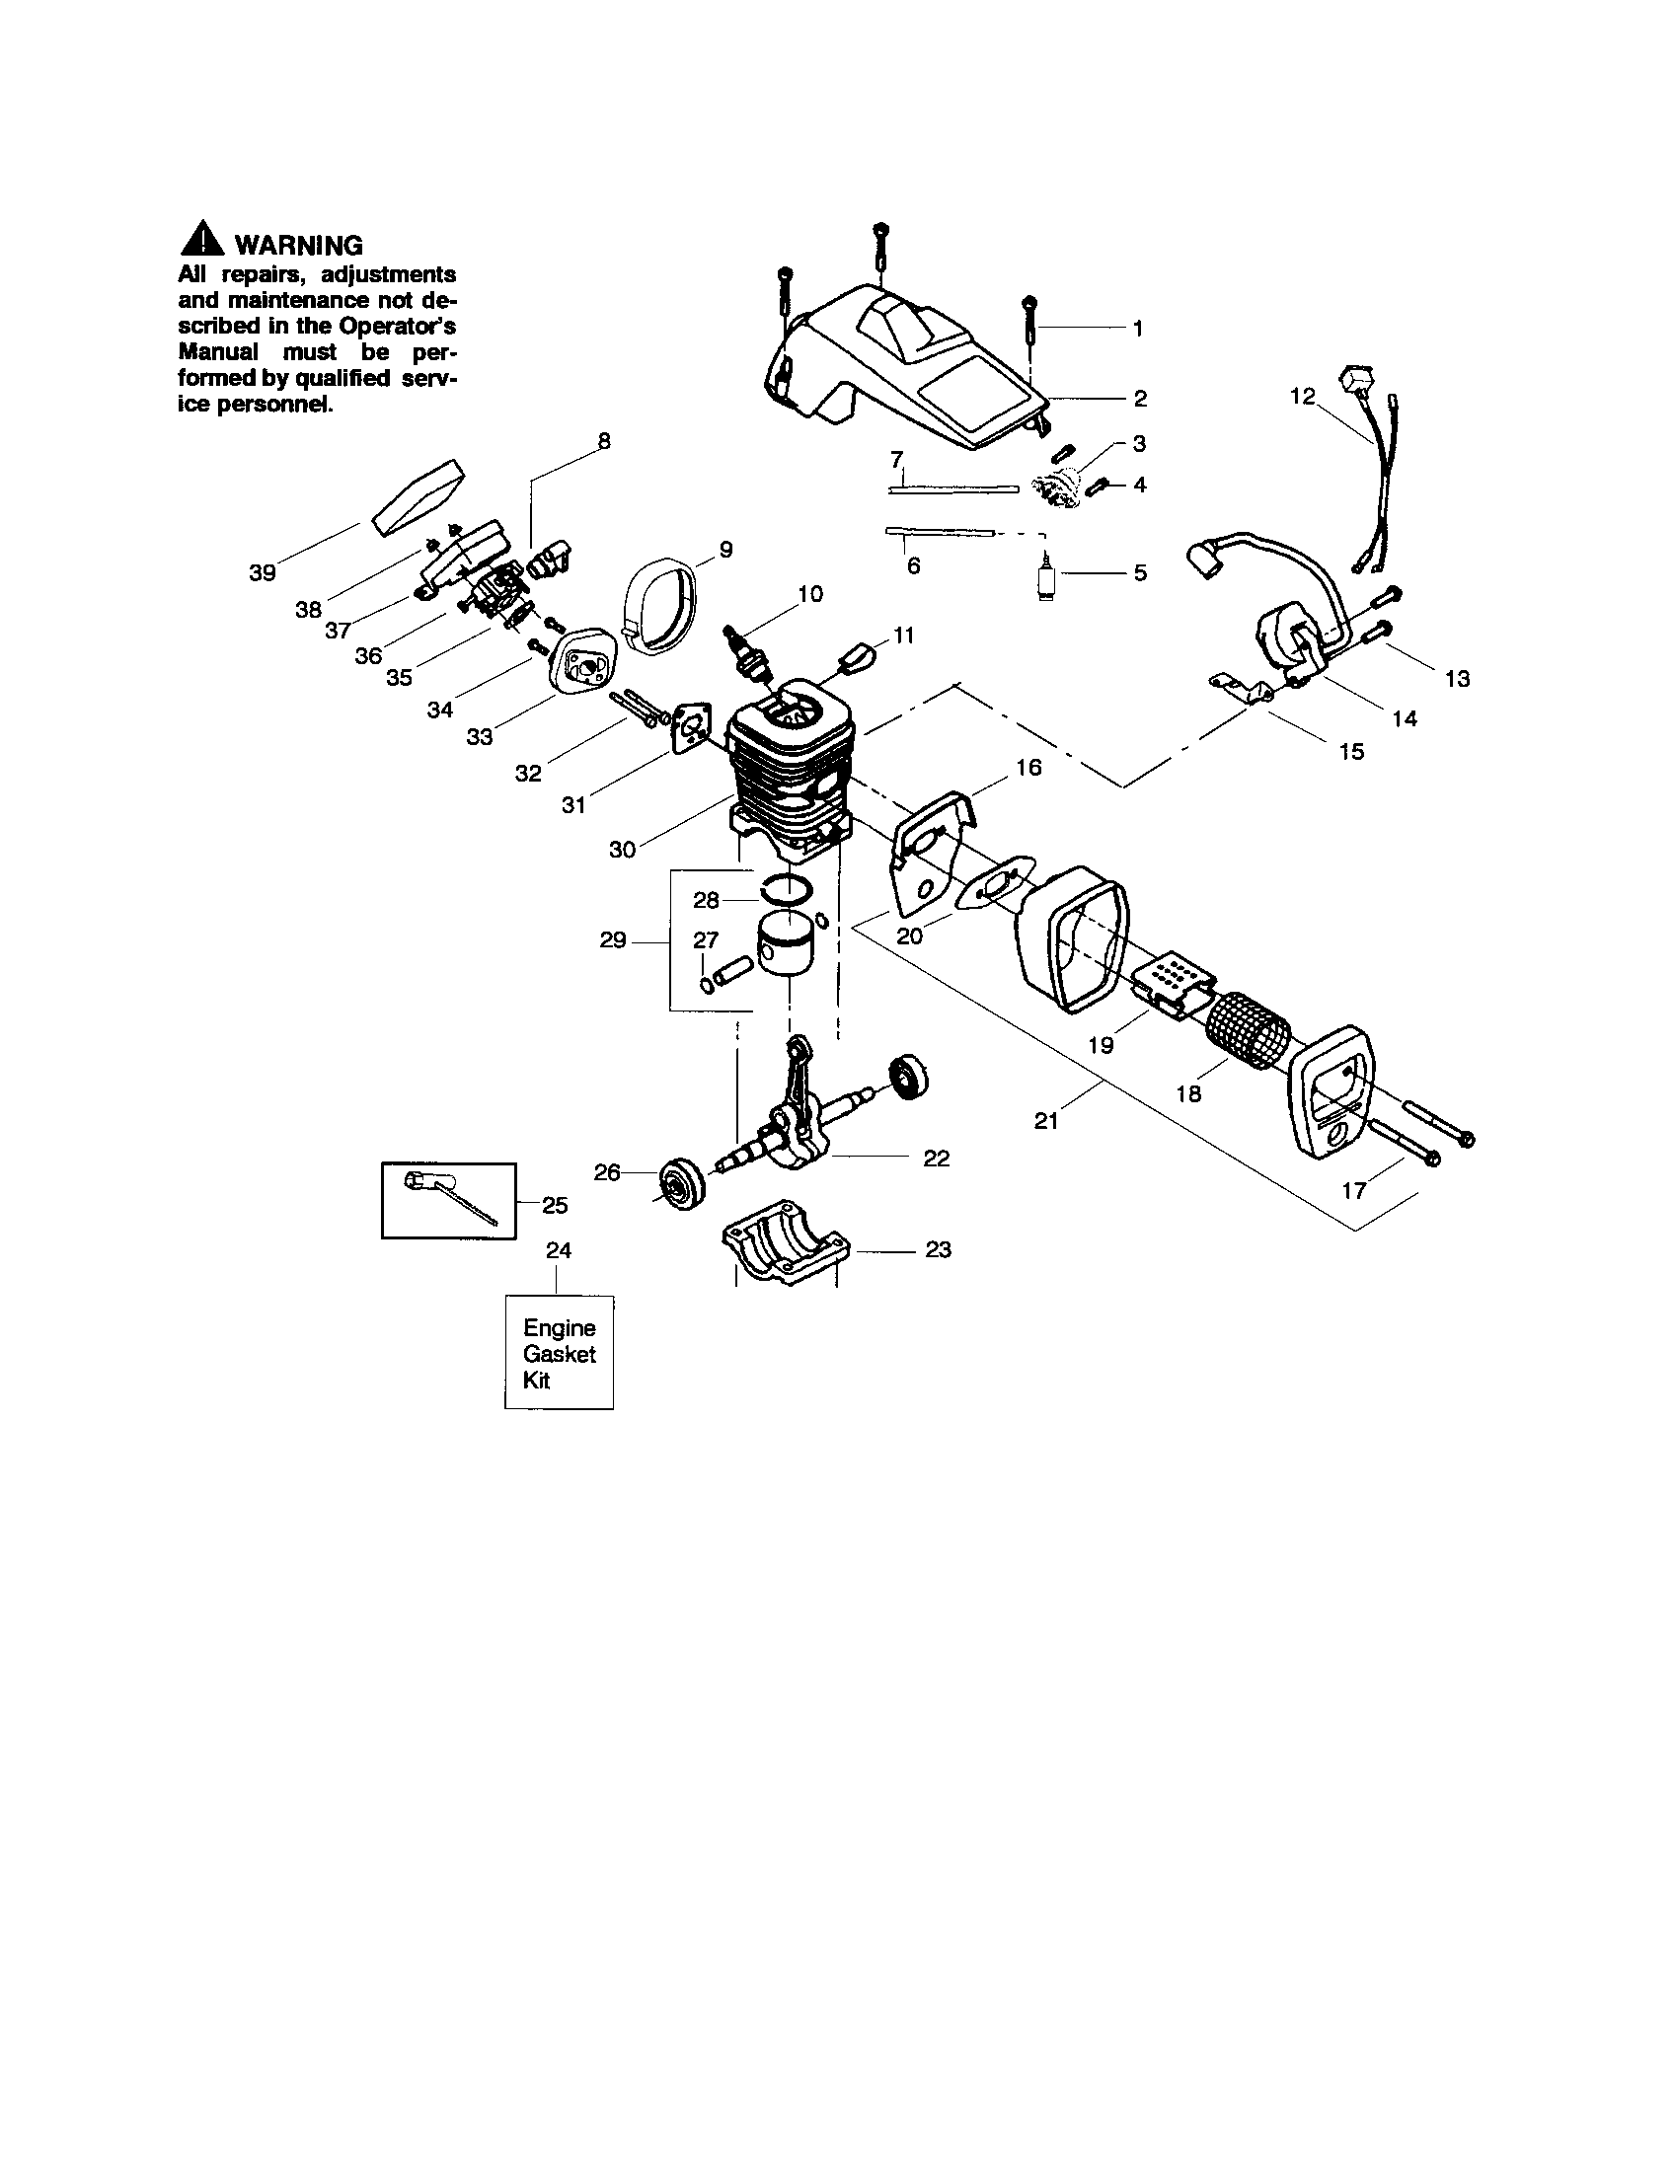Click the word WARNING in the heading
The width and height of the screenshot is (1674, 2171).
(x=297, y=245)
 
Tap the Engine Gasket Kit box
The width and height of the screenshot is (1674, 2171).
(x=559, y=1353)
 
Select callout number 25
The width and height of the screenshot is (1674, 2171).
(x=555, y=1205)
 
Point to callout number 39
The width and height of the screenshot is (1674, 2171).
(x=263, y=572)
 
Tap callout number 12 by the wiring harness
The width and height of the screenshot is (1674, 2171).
(x=1302, y=397)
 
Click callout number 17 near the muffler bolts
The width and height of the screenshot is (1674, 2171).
(x=1354, y=1190)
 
